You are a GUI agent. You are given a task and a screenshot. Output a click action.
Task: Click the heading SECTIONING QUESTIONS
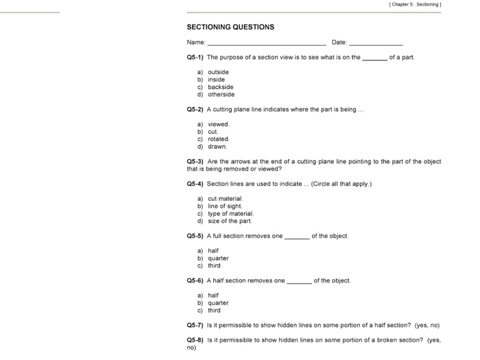(230, 27)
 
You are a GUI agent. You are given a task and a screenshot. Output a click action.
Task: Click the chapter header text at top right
(414, 4)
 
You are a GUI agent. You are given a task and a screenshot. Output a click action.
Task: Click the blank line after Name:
(267, 43)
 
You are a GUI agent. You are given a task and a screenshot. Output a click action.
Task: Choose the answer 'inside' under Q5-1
(216, 80)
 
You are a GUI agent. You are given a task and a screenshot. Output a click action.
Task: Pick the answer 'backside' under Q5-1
(220, 87)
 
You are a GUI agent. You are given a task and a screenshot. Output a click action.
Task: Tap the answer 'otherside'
(221, 95)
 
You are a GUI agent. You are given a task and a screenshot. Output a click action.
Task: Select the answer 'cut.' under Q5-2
(213, 132)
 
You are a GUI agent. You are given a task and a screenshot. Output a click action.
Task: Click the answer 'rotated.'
(219, 139)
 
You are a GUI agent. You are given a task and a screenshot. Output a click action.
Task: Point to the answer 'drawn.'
(217, 147)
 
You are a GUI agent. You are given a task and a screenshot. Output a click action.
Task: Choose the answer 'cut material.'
(226, 199)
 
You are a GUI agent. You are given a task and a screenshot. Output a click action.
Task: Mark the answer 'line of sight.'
(226, 206)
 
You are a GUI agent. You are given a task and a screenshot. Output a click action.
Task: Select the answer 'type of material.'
(230, 214)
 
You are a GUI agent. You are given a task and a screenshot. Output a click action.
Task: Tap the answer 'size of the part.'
(230, 221)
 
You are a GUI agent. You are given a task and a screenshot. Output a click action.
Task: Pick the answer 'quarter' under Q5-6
(218, 303)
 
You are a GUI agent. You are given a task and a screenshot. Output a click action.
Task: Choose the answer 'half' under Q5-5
(213, 251)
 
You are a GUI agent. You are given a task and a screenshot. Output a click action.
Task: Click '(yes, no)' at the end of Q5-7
(427, 325)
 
